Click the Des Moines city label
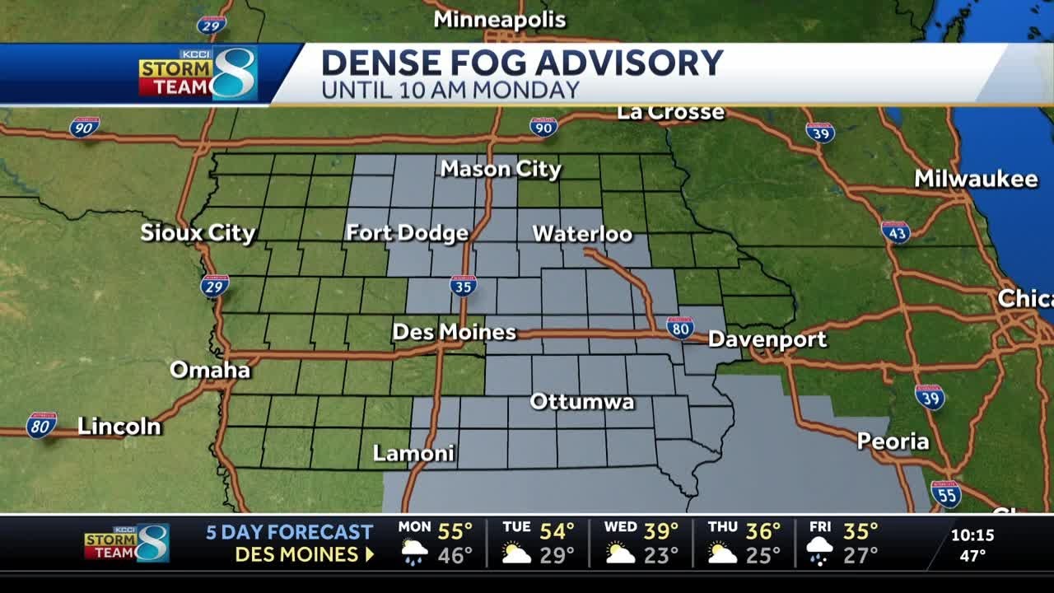point(454,332)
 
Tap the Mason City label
point(501,170)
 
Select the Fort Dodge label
point(407,233)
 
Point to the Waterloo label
point(582,234)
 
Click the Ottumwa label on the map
point(581,402)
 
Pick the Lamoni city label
point(413,453)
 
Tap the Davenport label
point(767,339)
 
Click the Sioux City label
point(198,233)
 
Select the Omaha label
point(210,370)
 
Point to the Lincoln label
point(119,427)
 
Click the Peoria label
point(893,441)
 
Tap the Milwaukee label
point(976,179)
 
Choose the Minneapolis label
point(500,20)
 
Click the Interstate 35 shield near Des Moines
point(464,286)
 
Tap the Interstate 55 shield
point(946,493)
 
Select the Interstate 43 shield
point(895,231)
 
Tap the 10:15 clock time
point(972,535)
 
